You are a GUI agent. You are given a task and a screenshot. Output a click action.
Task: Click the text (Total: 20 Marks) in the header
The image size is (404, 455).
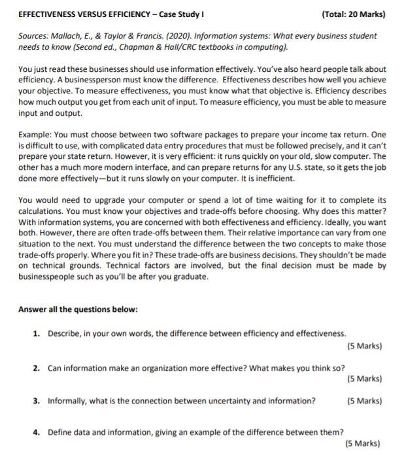(x=354, y=14)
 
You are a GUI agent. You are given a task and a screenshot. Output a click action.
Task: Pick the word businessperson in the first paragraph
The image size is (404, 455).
(x=90, y=80)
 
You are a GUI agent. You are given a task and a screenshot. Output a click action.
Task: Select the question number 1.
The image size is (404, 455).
(x=37, y=333)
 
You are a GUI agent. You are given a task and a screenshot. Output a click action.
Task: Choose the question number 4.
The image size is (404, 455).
(x=37, y=432)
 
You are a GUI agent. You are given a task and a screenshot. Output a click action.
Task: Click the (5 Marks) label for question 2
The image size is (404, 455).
(x=364, y=379)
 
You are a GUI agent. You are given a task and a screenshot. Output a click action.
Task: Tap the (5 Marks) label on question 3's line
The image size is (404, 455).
(x=364, y=401)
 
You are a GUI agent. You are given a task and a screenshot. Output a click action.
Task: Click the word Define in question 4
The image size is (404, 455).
(x=60, y=432)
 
